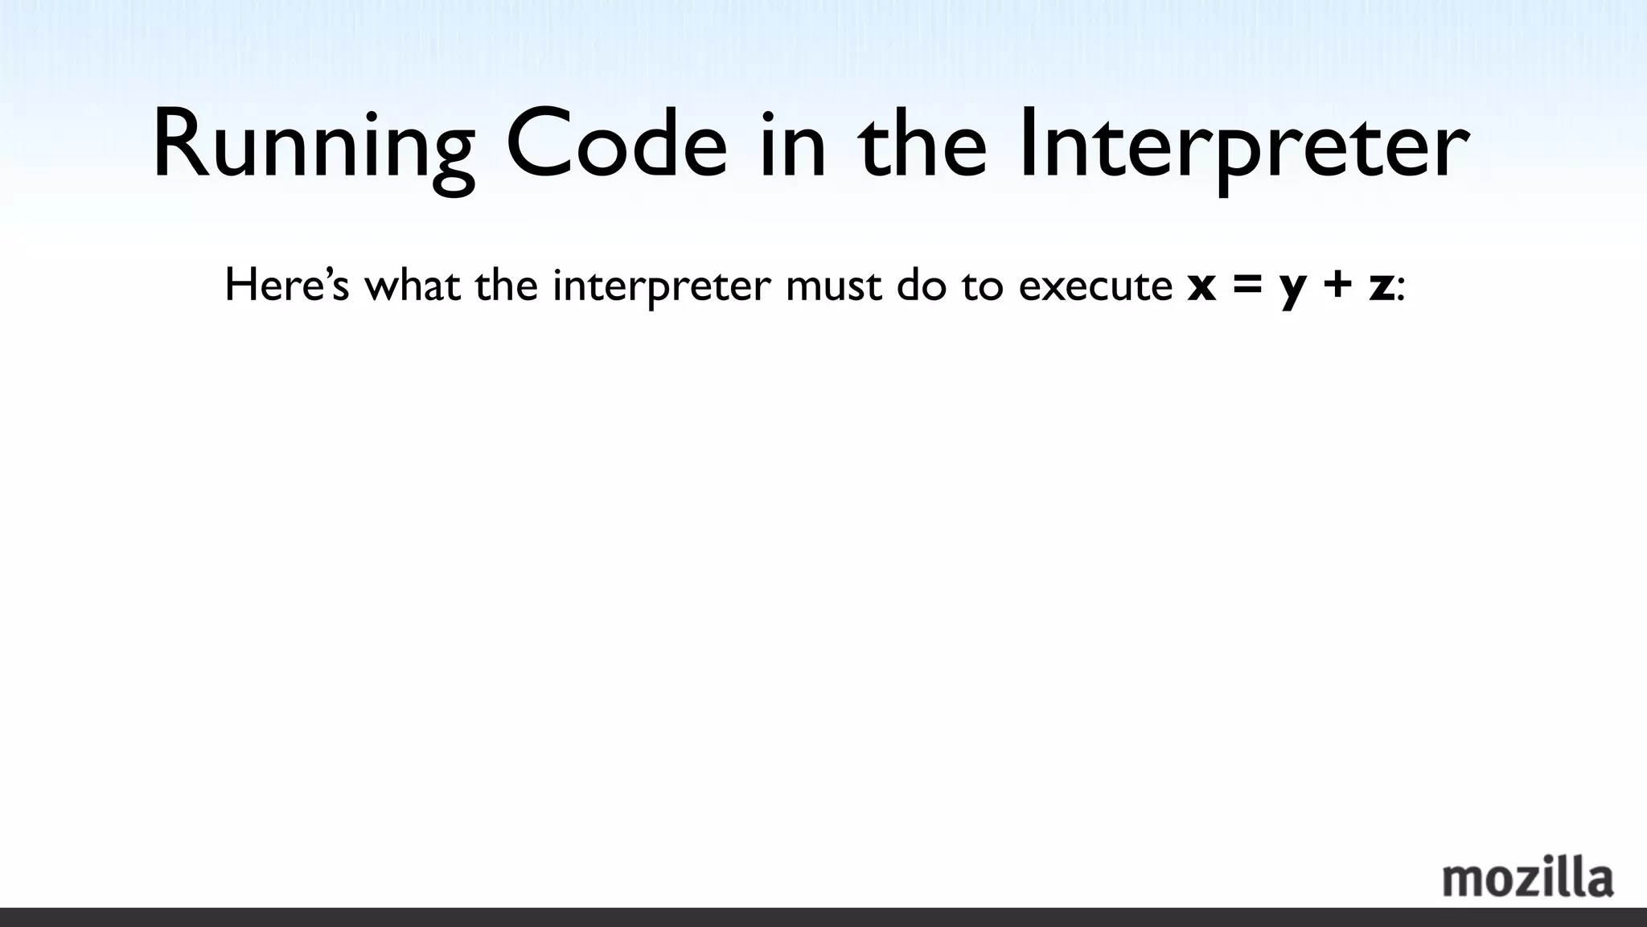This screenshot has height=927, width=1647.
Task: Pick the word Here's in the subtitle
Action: pos(286,286)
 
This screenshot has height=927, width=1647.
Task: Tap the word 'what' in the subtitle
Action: pos(413,286)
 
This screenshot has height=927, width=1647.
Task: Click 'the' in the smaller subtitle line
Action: pos(506,286)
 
